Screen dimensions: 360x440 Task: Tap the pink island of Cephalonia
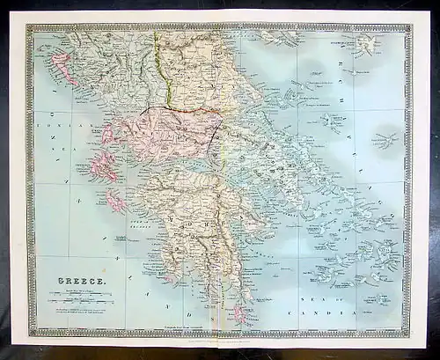(x=106, y=167)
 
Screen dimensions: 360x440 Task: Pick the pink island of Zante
(x=117, y=202)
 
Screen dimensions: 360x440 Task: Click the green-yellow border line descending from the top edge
(x=158, y=62)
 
